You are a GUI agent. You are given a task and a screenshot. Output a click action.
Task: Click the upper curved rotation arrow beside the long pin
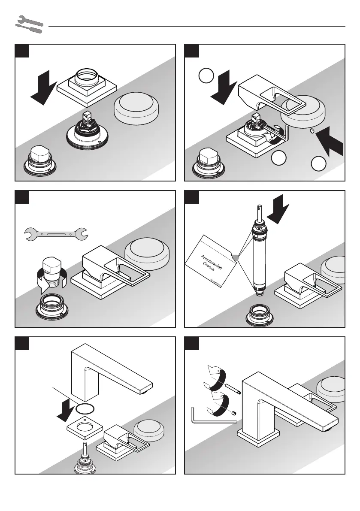[x=217, y=376]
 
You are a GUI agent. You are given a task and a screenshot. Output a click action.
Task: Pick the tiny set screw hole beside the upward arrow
[x=312, y=129]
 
